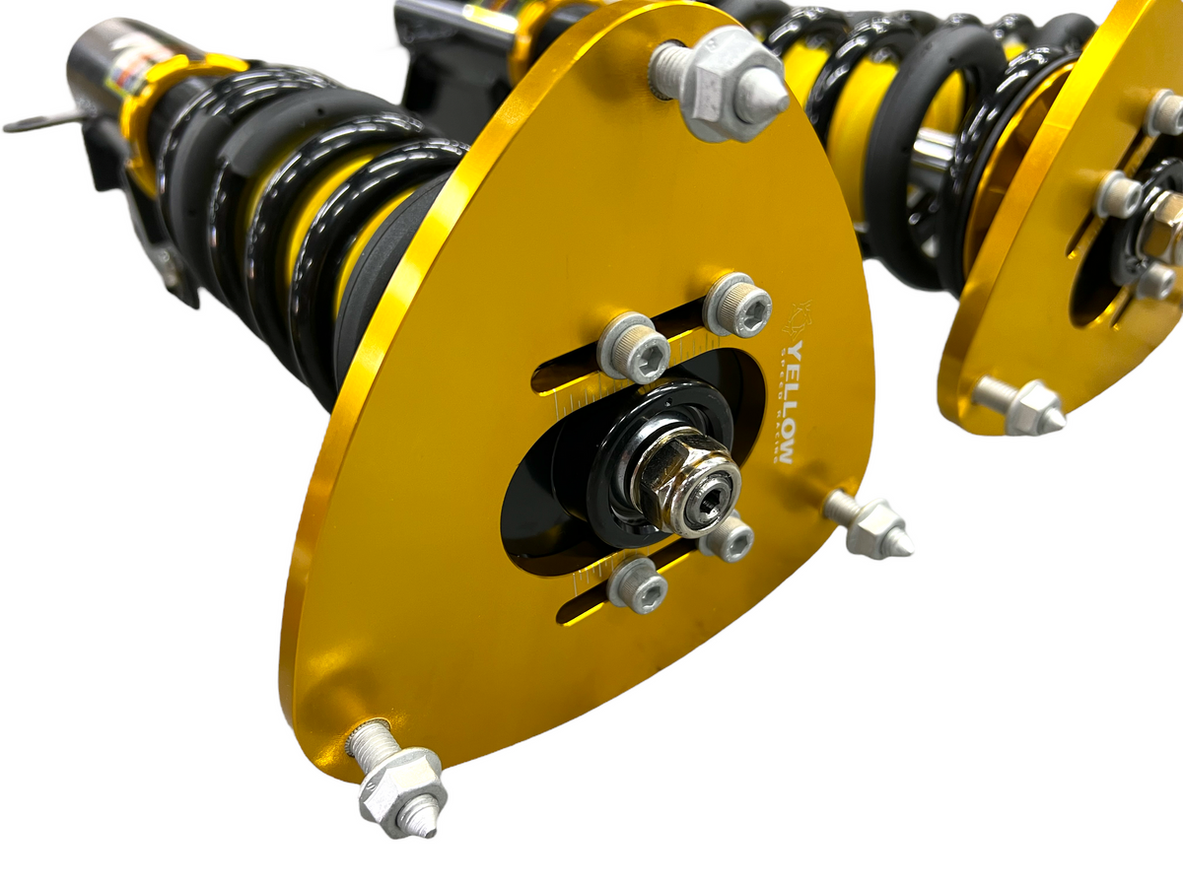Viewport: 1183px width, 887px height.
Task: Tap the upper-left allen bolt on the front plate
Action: click(633, 347)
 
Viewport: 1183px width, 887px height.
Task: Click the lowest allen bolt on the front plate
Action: click(636, 586)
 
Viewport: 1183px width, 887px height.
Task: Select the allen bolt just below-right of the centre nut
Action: click(730, 537)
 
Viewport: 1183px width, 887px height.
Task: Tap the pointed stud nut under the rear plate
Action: click(1030, 407)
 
